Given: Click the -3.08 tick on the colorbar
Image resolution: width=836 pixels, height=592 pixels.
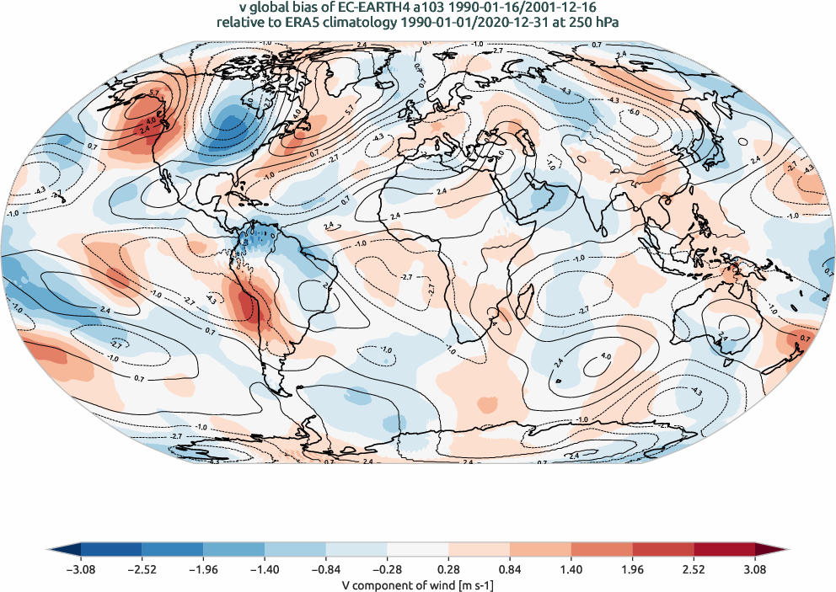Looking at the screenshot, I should click(81, 569).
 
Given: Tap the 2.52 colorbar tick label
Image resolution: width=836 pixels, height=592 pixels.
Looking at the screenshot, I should click(694, 569).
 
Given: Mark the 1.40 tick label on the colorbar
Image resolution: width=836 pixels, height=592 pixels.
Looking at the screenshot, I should click(571, 569).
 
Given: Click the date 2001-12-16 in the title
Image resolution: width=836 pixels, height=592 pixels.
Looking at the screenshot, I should click(560, 8).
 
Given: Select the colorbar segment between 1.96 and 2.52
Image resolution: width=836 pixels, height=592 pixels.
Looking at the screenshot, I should click(662, 551).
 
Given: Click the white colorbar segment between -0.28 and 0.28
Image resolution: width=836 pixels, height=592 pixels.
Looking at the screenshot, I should click(417, 551).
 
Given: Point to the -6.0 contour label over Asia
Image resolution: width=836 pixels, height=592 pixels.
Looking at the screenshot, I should click(633, 112).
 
